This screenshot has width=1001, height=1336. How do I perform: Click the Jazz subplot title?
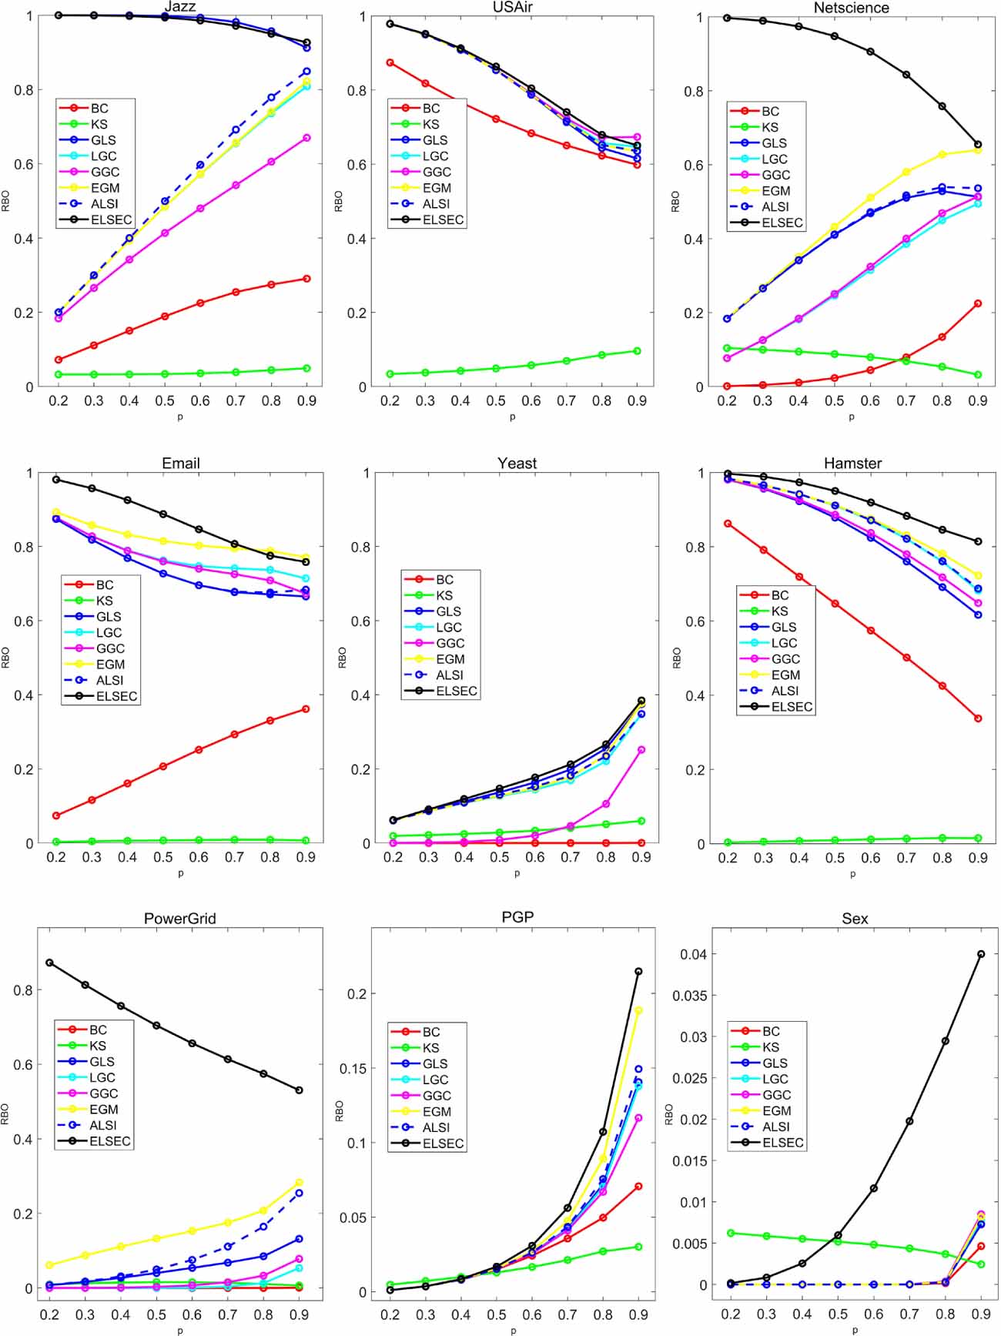179,7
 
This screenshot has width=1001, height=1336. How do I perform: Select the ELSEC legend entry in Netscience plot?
782,223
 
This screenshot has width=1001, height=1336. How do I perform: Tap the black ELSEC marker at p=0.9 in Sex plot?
981,954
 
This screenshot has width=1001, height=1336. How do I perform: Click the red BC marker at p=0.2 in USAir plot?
390,62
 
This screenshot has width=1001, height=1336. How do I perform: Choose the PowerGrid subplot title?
179,919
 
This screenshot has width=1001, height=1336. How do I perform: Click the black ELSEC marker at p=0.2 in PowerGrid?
49,963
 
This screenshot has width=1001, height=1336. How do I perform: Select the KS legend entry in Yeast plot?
444,595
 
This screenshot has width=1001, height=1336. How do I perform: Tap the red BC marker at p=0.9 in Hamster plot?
979,718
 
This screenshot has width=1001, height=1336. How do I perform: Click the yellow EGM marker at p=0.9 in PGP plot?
638,1010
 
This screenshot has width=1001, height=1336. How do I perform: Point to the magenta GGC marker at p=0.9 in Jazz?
306,138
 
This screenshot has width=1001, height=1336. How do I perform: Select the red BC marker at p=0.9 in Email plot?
306,708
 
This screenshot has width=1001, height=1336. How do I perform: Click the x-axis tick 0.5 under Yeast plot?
499,857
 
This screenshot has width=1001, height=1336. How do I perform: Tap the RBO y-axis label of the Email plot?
6,657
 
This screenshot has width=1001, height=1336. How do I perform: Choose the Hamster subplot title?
852,463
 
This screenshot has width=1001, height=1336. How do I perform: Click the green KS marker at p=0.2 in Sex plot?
731,1233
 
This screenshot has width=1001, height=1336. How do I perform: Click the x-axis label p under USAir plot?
513,417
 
